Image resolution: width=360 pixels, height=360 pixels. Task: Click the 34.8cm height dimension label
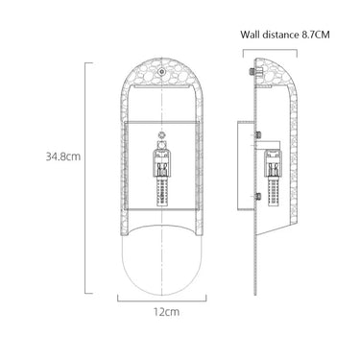[x=63, y=156]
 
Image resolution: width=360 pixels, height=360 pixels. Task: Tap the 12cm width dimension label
[x=166, y=312]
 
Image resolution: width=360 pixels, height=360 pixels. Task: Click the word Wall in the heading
[x=250, y=35]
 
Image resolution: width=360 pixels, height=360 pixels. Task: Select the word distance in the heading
[x=280, y=35]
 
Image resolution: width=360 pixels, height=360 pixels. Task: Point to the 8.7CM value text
[x=315, y=35]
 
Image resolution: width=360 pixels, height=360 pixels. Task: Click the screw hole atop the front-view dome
[x=162, y=72]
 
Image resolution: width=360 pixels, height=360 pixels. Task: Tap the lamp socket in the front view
[x=162, y=162]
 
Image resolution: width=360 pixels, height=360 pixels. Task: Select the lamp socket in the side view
[x=274, y=163]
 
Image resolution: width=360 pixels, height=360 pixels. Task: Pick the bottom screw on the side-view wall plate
[x=257, y=196]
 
